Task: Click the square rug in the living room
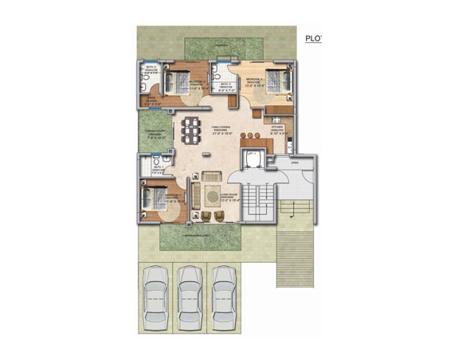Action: (213, 194)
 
